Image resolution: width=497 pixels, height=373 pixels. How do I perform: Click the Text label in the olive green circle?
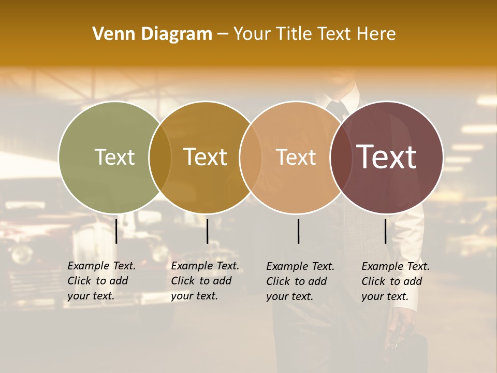(x=114, y=157)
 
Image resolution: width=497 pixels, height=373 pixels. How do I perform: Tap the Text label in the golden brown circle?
(x=206, y=157)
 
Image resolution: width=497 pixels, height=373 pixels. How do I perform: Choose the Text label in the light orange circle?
(x=296, y=157)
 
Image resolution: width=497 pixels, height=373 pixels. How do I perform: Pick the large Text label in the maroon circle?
(x=386, y=157)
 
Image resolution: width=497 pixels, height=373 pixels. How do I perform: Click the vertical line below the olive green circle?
(x=116, y=231)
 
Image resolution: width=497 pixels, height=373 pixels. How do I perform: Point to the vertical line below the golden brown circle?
(x=207, y=231)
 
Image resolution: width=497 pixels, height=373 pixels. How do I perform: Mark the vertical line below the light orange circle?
(x=299, y=231)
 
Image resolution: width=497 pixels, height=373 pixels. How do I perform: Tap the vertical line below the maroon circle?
(x=386, y=231)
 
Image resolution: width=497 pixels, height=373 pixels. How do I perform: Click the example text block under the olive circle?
(x=101, y=281)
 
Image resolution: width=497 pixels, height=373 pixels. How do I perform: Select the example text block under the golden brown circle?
(x=204, y=281)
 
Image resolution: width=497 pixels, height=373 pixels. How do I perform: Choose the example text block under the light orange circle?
(x=300, y=281)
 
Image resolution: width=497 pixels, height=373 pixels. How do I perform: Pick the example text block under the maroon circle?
(x=395, y=281)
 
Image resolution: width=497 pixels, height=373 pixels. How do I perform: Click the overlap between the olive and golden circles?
(x=160, y=157)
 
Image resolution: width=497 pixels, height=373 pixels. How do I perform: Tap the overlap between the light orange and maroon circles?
(x=341, y=157)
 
